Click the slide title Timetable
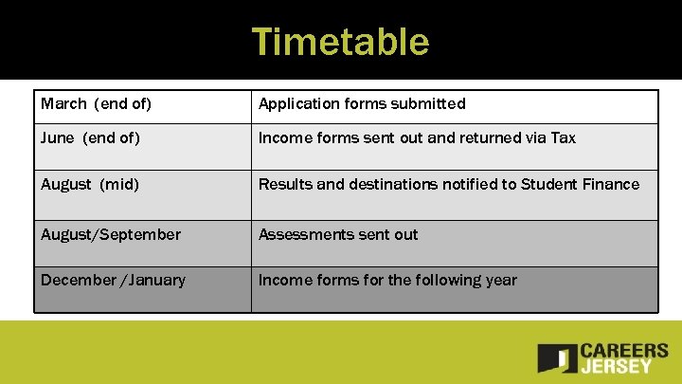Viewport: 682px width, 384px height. pos(340,42)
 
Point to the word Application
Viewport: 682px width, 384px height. pos(296,103)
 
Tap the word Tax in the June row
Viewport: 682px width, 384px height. pos(563,138)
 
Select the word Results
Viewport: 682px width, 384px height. pos(285,184)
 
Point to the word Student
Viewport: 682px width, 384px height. pos(547,184)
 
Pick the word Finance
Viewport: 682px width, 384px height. pos(610,184)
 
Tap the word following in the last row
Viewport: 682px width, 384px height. pos(445,280)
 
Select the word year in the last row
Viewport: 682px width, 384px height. pos(500,280)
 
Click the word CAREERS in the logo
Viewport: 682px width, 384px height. pos(624,351)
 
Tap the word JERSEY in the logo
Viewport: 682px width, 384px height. pos(618,366)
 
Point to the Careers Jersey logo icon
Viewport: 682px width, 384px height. pos(557,357)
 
